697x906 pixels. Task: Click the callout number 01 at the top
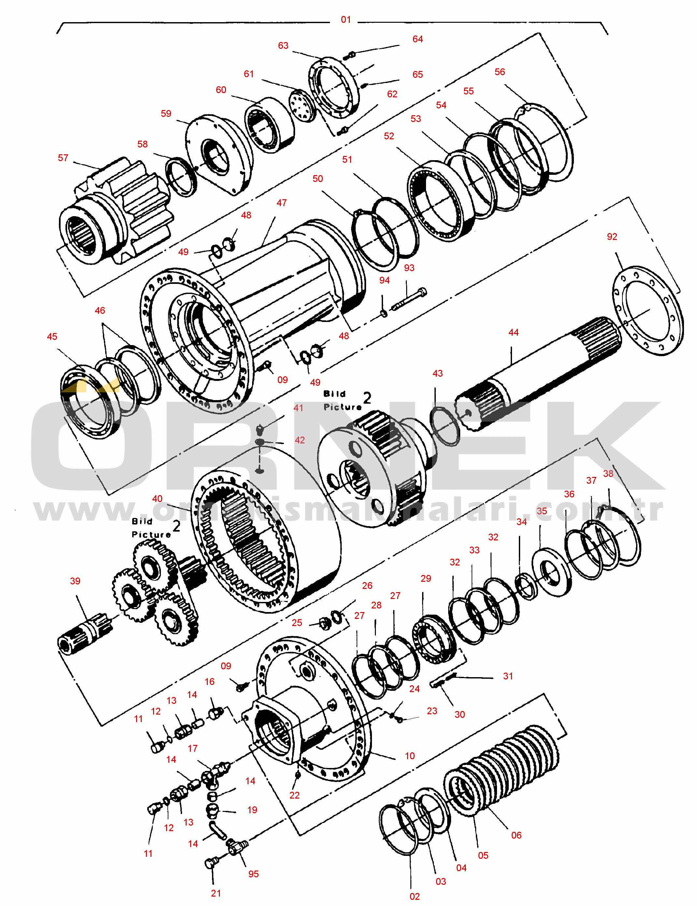(x=346, y=20)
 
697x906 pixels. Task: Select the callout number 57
(x=63, y=158)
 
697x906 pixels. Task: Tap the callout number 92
(x=612, y=237)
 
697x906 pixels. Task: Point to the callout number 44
(x=514, y=332)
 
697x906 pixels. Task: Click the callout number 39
(x=75, y=581)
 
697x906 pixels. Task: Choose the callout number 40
(x=157, y=499)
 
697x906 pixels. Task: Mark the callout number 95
(x=253, y=874)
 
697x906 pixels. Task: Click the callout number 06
(x=517, y=835)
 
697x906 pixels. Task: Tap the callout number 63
(x=283, y=46)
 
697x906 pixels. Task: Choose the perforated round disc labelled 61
(x=303, y=106)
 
